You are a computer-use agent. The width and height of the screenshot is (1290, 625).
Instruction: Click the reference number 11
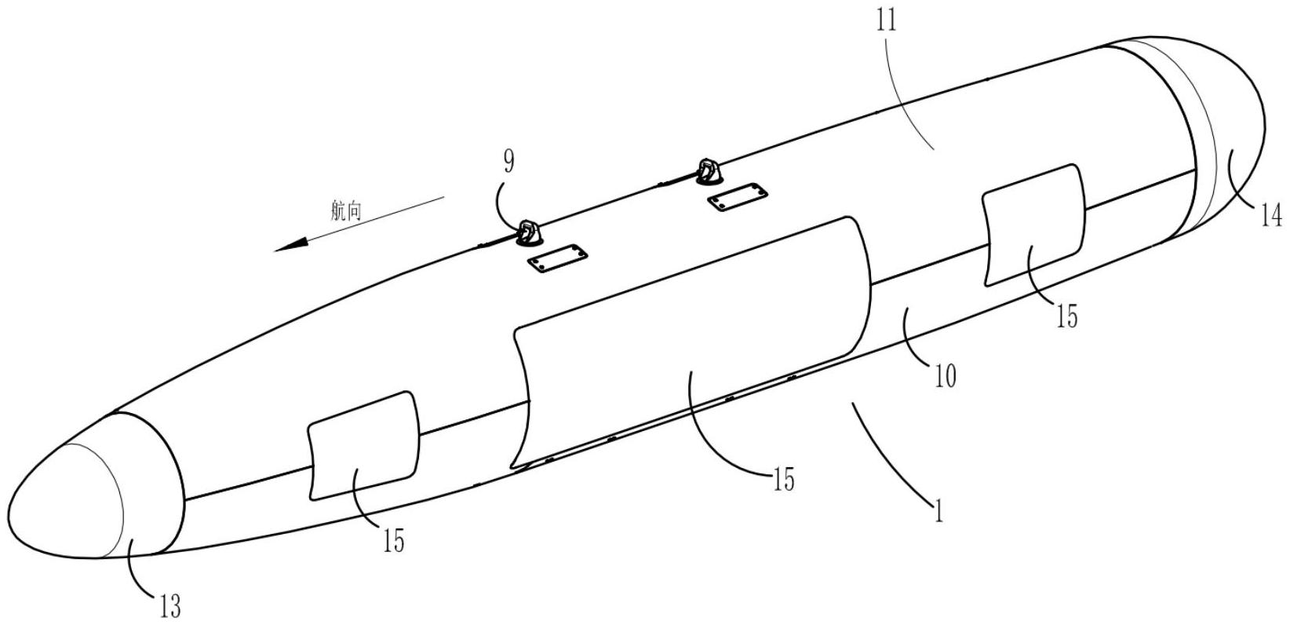point(887,21)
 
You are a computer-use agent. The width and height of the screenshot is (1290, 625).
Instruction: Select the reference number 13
point(170,606)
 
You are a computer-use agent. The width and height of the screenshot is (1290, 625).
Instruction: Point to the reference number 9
point(508,162)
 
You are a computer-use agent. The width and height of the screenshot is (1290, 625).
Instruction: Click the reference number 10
point(945,376)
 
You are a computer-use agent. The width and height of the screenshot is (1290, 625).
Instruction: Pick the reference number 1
point(938,511)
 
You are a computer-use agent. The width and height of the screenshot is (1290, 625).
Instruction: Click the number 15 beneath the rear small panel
point(1066,317)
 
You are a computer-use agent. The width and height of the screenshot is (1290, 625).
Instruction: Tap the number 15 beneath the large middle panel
point(783,479)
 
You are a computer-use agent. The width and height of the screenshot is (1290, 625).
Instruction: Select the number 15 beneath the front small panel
point(393,541)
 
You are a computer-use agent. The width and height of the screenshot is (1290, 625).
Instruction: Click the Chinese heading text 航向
point(346,211)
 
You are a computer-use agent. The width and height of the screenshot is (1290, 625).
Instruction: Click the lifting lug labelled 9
point(528,234)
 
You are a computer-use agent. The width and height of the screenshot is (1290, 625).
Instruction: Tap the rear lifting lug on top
point(708,172)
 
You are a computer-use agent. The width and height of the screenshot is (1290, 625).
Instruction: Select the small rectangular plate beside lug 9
point(557,258)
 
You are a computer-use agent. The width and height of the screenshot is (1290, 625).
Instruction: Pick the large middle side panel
point(691,343)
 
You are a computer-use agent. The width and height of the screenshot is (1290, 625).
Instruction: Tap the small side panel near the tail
point(1033,225)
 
